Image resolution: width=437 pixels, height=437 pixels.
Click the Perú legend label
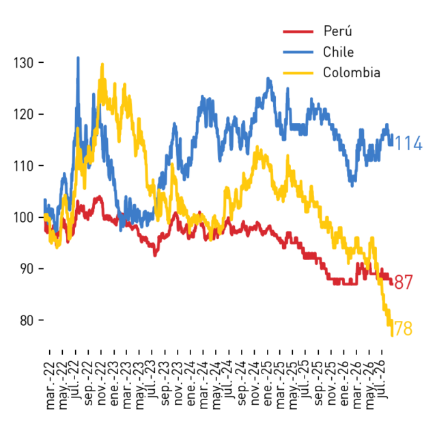click(x=337, y=31)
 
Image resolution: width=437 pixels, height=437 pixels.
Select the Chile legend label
click(x=339, y=52)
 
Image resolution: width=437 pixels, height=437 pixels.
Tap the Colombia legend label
click(x=352, y=73)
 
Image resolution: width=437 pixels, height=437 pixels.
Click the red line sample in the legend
click(x=298, y=31)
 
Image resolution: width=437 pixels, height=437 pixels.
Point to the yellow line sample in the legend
click(x=298, y=73)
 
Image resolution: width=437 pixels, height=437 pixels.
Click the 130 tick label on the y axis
click(x=24, y=63)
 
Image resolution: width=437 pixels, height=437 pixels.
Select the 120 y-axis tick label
click(x=24, y=114)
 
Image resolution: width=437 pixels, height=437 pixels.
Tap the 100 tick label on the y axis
click(x=24, y=217)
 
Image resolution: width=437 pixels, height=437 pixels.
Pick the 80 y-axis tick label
click(x=27, y=320)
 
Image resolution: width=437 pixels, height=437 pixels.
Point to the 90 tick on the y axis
click(x=41, y=269)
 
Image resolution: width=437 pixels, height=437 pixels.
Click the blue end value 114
click(x=408, y=143)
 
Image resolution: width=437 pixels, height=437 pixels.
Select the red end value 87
click(x=404, y=282)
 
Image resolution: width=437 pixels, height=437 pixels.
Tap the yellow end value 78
click(x=404, y=328)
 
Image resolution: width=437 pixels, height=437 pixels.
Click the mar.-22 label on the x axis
click(x=50, y=386)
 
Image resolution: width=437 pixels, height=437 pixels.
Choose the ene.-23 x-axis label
click(x=114, y=384)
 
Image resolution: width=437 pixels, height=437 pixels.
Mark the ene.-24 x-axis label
click(x=191, y=384)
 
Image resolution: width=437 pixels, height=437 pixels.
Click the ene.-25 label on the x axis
click(x=267, y=384)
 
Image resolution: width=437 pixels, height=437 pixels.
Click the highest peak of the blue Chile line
click(x=78, y=57)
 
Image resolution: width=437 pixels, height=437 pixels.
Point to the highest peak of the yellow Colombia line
click(x=102, y=64)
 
